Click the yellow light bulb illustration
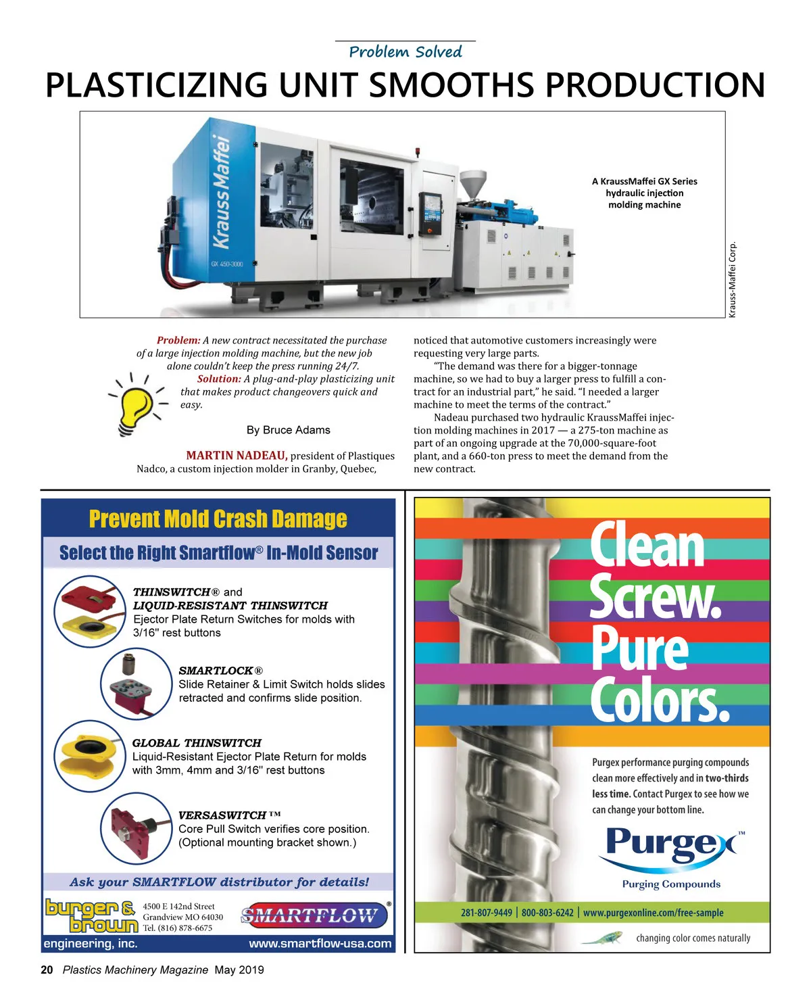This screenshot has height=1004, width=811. click(x=137, y=405)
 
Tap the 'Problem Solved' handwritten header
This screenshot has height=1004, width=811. click(x=405, y=52)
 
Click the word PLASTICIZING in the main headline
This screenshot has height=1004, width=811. click(x=156, y=86)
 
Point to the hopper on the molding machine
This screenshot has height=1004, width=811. click(x=472, y=183)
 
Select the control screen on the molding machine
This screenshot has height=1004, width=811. click(x=430, y=210)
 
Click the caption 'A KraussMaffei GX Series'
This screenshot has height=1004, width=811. click(x=644, y=181)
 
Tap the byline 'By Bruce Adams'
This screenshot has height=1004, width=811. click(x=289, y=430)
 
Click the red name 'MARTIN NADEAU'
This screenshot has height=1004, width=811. click(x=237, y=456)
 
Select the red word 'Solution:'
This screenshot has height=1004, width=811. click(x=219, y=379)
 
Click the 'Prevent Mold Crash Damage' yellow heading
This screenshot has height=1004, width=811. click(x=218, y=519)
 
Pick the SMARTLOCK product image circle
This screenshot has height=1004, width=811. click(x=136, y=684)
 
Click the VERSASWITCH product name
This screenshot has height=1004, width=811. click(x=222, y=815)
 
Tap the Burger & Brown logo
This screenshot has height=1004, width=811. click(x=91, y=915)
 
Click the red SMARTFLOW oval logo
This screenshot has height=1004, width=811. click(x=314, y=916)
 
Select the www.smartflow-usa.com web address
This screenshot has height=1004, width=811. click(x=320, y=944)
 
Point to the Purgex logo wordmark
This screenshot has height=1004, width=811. click(x=671, y=845)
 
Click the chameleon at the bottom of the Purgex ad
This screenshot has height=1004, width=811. click(x=602, y=938)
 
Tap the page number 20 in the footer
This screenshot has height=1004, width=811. click(x=47, y=970)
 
